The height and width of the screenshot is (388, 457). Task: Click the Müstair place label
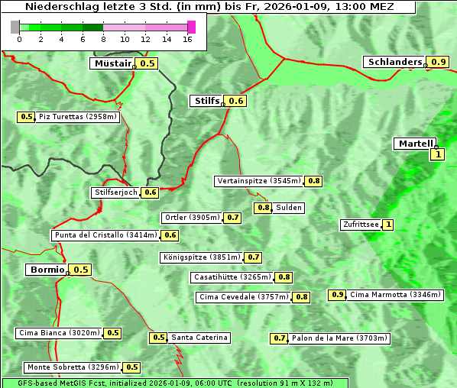click(112, 63)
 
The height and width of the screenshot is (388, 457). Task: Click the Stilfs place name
click(206, 100)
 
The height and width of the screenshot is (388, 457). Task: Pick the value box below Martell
click(438, 154)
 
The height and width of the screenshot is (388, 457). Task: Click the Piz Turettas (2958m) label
click(79, 117)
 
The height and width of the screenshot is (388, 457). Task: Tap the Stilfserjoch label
click(115, 192)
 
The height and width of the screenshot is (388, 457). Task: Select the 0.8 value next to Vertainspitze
click(314, 181)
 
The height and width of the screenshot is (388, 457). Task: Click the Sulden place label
click(290, 208)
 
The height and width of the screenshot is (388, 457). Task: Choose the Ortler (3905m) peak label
click(192, 218)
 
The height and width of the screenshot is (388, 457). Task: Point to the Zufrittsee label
click(360, 225)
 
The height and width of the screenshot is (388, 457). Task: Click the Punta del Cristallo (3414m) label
click(105, 235)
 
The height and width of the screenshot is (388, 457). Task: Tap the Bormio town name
click(47, 270)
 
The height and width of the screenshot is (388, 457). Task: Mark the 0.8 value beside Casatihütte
click(284, 277)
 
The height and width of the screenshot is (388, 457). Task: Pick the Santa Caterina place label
click(199, 338)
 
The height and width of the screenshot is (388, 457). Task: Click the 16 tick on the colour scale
click(188, 39)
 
